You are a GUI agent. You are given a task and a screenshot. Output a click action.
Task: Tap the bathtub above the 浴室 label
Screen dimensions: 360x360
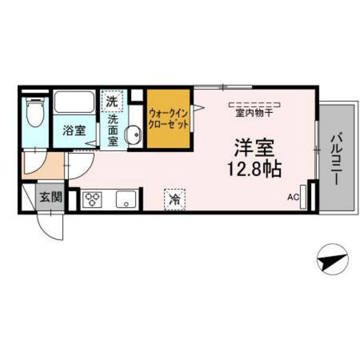tap(74, 103)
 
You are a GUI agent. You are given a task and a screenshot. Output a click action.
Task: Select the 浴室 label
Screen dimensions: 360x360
tap(73, 130)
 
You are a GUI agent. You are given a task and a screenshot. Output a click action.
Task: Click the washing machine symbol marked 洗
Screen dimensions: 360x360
tap(112, 101)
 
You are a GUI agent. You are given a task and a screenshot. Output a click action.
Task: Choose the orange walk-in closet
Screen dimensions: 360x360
tap(168, 119)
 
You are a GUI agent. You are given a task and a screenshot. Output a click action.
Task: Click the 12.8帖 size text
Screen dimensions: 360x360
tap(255, 170)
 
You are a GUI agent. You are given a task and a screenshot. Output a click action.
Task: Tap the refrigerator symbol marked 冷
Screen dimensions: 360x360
tap(174, 199)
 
